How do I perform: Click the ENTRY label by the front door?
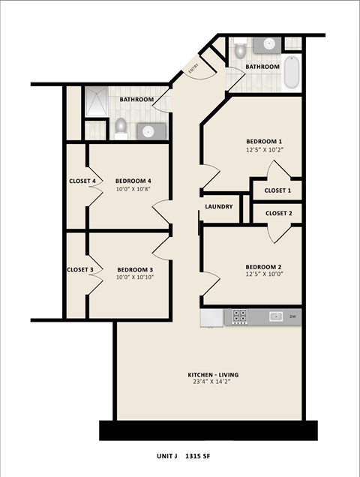[193, 69]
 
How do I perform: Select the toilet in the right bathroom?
[239, 50]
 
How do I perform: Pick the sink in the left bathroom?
[147, 131]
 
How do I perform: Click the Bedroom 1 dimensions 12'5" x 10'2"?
[264, 150]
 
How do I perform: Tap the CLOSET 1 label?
[277, 192]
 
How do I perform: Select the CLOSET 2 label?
[278, 213]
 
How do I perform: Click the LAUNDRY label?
[219, 207]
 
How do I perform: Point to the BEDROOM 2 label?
[264, 267]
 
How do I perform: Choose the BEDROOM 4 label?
[133, 181]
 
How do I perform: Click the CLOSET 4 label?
[82, 181]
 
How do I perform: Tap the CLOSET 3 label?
[80, 270]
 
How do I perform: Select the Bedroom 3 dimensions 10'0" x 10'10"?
[135, 278]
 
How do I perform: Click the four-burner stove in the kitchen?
[240, 317]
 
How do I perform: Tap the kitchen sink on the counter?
[276, 316]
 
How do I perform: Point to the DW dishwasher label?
[293, 316]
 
